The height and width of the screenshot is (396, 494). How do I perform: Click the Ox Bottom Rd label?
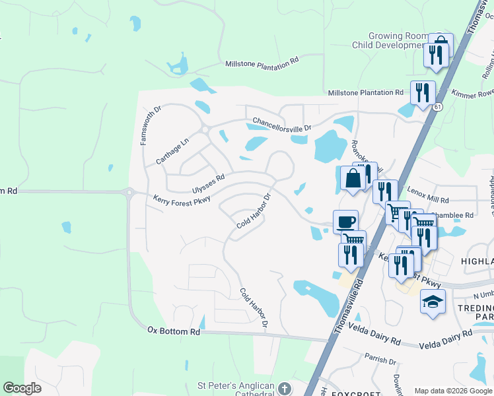[173, 330]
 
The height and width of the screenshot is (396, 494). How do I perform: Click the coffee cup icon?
[345, 220]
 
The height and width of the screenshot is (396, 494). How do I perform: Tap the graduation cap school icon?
[432, 302]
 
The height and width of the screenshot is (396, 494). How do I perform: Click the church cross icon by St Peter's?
[285, 387]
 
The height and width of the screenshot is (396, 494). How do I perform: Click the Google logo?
[22, 388]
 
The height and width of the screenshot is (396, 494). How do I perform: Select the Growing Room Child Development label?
[399, 41]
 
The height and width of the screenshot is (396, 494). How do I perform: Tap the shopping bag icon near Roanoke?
[353, 178]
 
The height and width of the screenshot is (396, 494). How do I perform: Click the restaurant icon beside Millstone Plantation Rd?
[422, 92]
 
